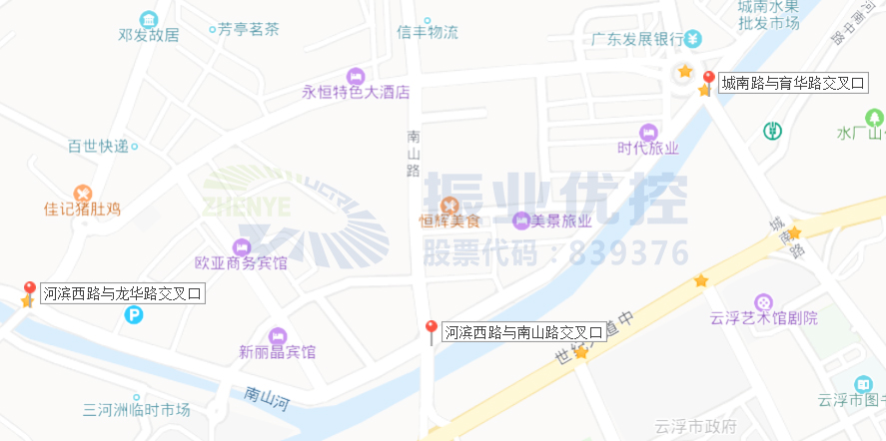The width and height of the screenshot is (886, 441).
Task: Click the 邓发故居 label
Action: click(x=148, y=35)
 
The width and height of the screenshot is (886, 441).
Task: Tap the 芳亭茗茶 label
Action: click(x=249, y=29)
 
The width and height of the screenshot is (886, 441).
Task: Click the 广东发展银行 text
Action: click(x=635, y=40)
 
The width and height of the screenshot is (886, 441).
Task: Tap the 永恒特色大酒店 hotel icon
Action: click(x=356, y=76)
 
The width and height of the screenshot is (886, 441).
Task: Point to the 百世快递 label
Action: click(x=98, y=146)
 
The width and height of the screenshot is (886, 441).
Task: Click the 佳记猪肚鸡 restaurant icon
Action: click(x=83, y=192)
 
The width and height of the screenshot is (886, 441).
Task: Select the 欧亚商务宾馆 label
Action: click(x=241, y=263)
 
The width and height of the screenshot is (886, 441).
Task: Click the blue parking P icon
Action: click(x=134, y=315)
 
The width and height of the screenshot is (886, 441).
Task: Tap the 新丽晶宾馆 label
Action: click(x=277, y=351)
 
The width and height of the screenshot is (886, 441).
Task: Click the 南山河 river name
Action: click(x=266, y=398)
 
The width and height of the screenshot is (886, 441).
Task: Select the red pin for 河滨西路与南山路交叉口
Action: click(x=432, y=329)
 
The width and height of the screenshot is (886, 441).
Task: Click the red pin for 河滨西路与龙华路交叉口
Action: click(x=29, y=290)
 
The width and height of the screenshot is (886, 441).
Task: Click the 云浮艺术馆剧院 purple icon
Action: click(x=763, y=301)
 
